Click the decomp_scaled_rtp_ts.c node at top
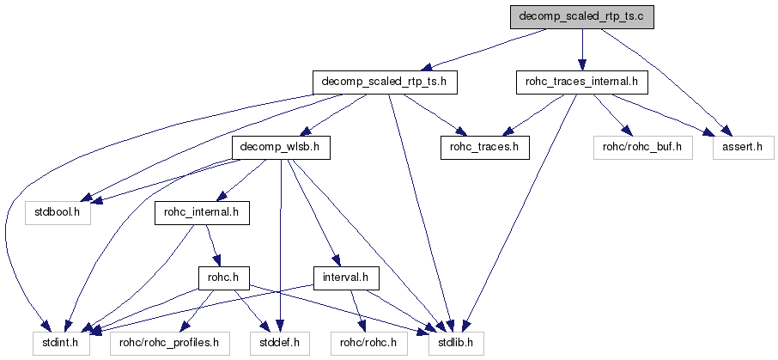[x=581, y=17]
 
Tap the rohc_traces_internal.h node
[x=580, y=82]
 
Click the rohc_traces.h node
[x=484, y=148]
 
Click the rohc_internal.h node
[x=201, y=212]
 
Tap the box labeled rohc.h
[x=223, y=278]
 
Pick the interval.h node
[x=346, y=278]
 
